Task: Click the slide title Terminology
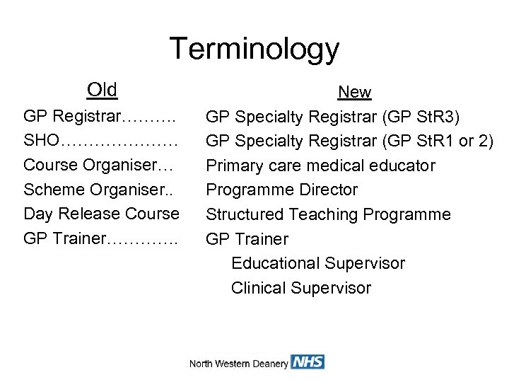[x=255, y=50]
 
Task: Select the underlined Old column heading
[x=102, y=90]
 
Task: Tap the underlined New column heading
[x=354, y=93]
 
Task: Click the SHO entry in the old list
[x=41, y=141]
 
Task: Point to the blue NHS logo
[x=308, y=362]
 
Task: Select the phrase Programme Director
[x=281, y=190]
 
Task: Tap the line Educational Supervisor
[x=318, y=263]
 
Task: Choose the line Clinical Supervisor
[x=300, y=288]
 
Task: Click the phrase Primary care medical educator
[x=320, y=166]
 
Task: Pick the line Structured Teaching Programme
[x=328, y=214]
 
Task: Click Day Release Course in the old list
[x=101, y=214]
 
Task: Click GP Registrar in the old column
[x=73, y=116]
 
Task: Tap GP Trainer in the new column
[x=247, y=239]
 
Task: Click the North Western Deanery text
[x=238, y=364]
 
